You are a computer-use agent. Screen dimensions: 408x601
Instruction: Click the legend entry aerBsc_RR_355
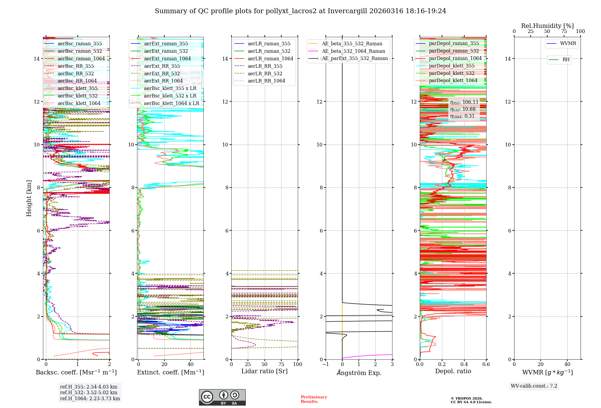pos(76,66)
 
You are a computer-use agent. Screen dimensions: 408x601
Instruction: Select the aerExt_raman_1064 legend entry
pos(167,58)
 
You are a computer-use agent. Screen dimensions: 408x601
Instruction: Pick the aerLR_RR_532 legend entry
pos(265,73)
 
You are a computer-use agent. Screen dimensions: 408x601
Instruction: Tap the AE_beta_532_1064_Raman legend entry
pos(353,51)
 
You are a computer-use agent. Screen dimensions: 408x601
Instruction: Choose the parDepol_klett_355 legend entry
pos(452,66)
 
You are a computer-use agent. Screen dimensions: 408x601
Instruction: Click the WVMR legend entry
pos(568,43)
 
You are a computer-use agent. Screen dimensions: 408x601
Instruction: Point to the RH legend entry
pos(566,60)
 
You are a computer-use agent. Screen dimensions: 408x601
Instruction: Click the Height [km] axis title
pos(29,198)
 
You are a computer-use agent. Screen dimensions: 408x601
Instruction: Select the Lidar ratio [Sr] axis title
pos(264,371)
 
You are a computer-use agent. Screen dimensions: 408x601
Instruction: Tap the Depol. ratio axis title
pos(453,371)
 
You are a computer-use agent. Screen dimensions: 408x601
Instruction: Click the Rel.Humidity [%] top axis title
pos(547,26)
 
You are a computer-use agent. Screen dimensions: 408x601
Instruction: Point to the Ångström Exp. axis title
pos(359,373)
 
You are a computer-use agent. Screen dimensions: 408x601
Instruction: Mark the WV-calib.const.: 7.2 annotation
pos(534,386)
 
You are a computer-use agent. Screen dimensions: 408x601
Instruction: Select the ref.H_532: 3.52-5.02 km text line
pos(89,393)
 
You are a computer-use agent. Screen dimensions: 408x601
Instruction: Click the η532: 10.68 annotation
pos(463,109)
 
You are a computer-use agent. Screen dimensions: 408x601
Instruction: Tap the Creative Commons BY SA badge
pos(222,397)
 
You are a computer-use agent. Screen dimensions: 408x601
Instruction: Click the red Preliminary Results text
pos(314,399)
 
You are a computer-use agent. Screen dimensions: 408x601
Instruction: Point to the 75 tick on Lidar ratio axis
pos(281,364)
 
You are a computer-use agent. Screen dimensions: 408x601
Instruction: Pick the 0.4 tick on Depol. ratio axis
pos(464,364)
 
